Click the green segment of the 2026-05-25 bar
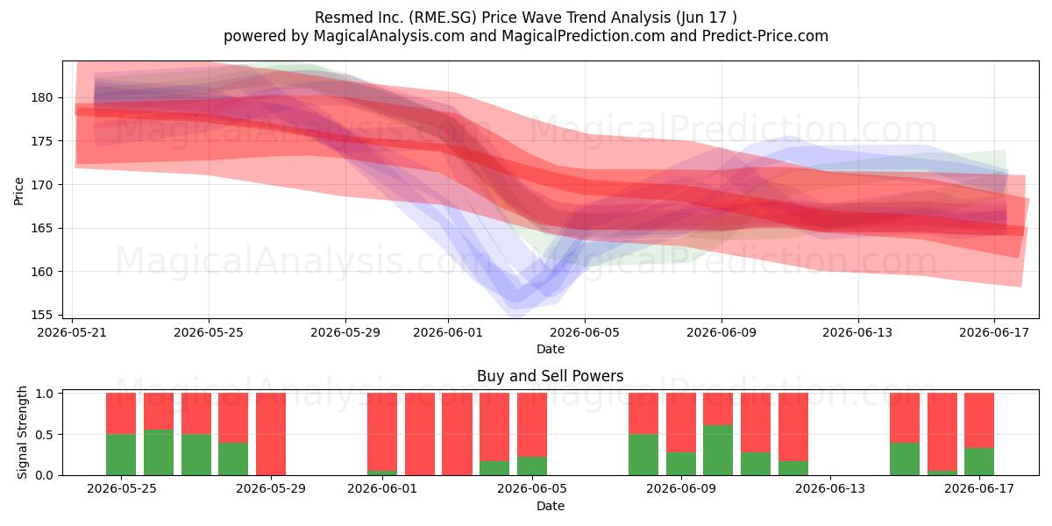(121, 455)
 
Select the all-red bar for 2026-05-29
(271, 434)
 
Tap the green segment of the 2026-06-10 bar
(718, 450)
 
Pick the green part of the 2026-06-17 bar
(978, 462)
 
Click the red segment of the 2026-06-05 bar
(531, 424)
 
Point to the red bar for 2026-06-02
(420, 434)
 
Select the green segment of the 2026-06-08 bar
(643, 455)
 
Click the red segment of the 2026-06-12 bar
(793, 427)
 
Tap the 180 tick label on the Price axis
(41, 97)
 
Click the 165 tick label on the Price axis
(41, 228)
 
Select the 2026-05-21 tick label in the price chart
(72, 332)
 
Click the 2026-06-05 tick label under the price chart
(585, 332)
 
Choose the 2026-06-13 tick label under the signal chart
(830, 489)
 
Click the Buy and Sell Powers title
(550, 376)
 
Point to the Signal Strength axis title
(22, 433)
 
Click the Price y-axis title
(18, 191)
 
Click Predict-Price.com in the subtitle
(765, 36)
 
